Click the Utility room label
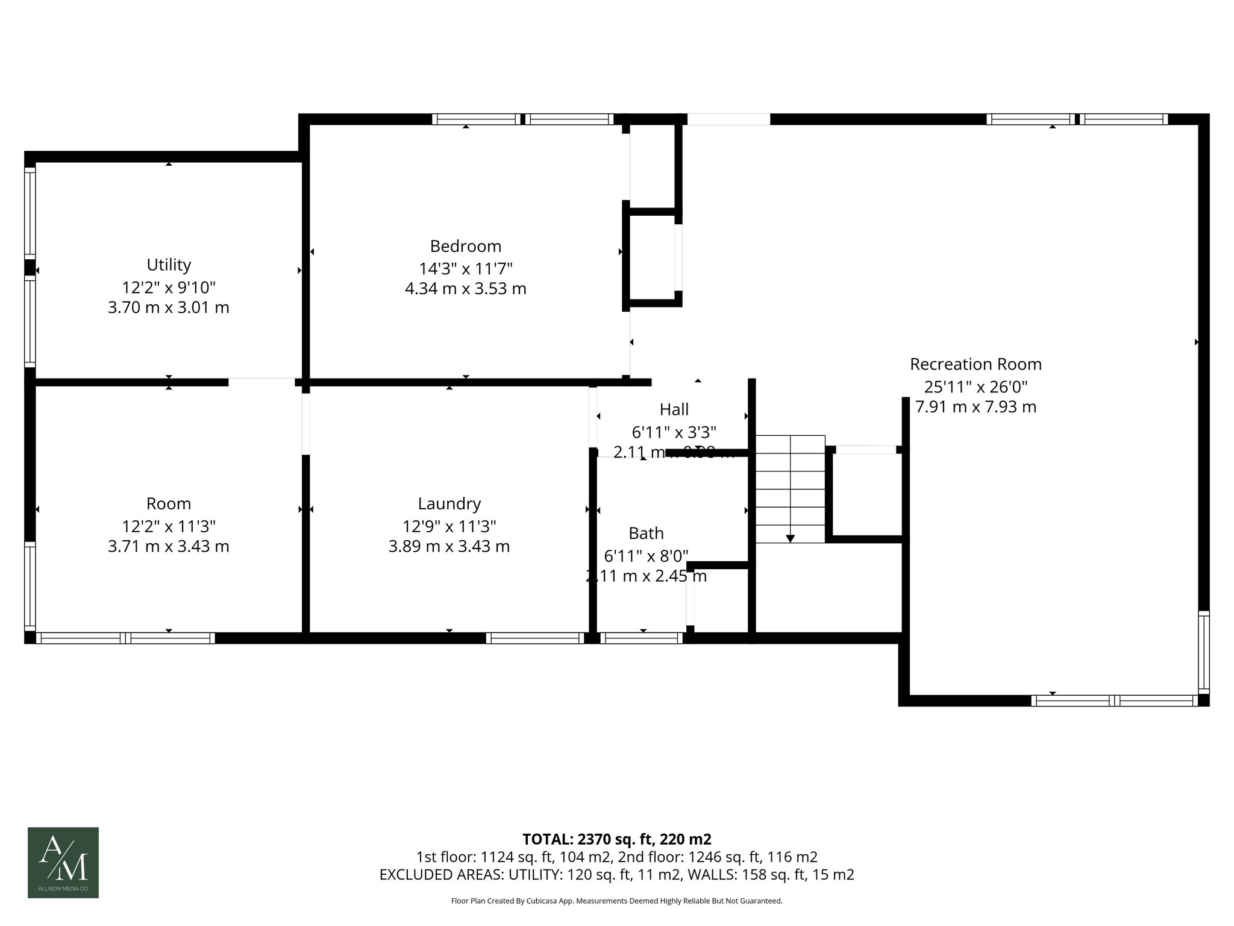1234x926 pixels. pyautogui.click(x=169, y=265)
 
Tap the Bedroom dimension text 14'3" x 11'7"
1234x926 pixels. pyautogui.click(x=466, y=268)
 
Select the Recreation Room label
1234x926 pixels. pyautogui.click(x=976, y=364)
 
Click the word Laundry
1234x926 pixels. pyautogui.click(x=449, y=503)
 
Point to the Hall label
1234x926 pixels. pyautogui.click(x=674, y=409)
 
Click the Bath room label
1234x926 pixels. pyautogui.click(x=646, y=533)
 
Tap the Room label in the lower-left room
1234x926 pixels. pyautogui.click(x=169, y=503)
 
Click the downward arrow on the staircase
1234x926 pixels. pyautogui.click(x=790, y=538)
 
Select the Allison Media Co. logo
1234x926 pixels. pyautogui.click(x=63, y=862)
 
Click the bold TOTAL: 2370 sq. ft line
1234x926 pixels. pyautogui.click(x=616, y=839)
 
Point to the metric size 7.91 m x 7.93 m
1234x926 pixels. pyautogui.click(x=976, y=407)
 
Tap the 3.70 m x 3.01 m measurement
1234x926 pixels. pyautogui.click(x=169, y=307)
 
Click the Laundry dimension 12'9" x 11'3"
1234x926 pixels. pyautogui.click(x=449, y=526)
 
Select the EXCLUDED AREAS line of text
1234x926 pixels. pyautogui.click(x=616, y=875)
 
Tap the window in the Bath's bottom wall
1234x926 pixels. pyautogui.click(x=642, y=638)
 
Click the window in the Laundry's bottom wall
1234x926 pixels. pyautogui.click(x=535, y=638)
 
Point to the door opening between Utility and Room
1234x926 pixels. pyautogui.click(x=262, y=382)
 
